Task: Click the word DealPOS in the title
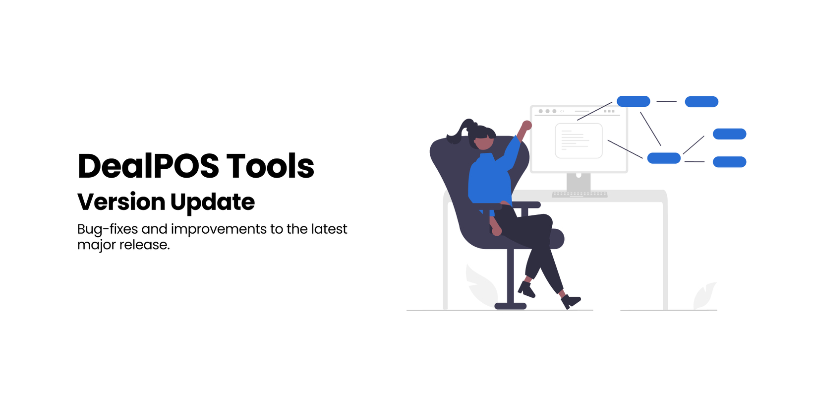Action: [x=148, y=166]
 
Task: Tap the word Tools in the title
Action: [x=270, y=166]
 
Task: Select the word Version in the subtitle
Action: [x=121, y=202]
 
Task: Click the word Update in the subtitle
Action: [x=213, y=203]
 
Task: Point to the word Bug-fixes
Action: [x=108, y=230]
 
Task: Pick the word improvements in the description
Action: [x=219, y=230]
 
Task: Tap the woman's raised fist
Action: [x=526, y=126]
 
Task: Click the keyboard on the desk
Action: [x=580, y=195]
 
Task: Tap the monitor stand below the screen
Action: [x=579, y=182]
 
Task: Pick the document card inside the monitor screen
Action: [x=579, y=140]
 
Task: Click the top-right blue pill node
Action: [x=701, y=102]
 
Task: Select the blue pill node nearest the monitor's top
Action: [x=634, y=101]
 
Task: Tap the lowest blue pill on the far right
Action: [x=730, y=162]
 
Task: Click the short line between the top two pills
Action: [x=667, y=101]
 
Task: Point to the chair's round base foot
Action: [x=510, y=306]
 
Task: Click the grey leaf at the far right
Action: [x=704, y=296]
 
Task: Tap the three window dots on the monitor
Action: [x=547, y=111]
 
